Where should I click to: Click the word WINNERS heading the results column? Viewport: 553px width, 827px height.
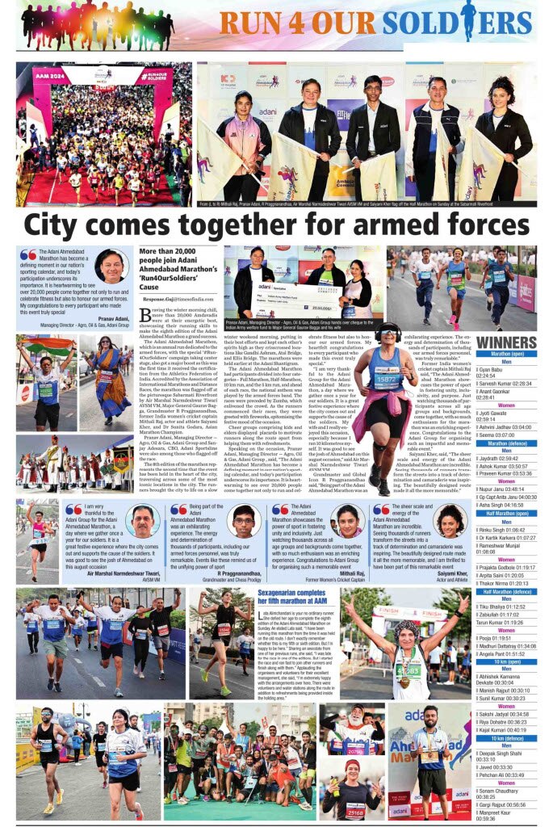(x=506, y=342)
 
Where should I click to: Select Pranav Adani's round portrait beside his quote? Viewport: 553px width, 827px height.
(x=111, y=267)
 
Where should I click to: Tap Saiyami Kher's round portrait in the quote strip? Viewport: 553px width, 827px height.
(x=450, y=521)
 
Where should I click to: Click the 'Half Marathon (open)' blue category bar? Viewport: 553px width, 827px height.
(x=506, y=513)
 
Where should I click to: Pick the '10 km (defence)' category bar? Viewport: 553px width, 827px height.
(x=506, y=737)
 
